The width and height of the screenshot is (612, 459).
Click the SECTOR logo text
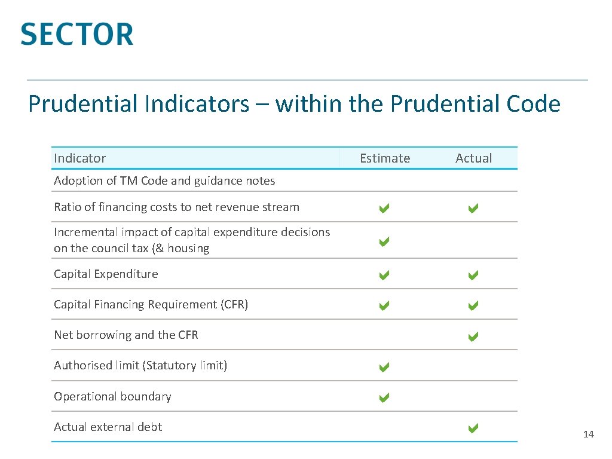[x=76, y=34]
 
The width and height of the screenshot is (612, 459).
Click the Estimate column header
[x=385, y=158]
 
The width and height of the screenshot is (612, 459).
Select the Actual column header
[x=473, y=158]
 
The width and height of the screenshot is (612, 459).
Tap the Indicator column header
[x=79, y=158]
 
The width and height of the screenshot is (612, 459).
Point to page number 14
[x=588, y=434]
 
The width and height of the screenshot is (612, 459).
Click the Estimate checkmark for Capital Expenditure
[x=384, y=276]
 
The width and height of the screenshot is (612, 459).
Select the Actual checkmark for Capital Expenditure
[x=473, y=276]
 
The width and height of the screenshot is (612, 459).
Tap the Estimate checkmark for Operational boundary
[x=384, y=397]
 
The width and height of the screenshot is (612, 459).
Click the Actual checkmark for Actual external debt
[x=473, y=427]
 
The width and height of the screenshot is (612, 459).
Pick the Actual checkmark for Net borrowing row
[x=473, y=336]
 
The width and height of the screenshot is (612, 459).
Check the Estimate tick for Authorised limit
[x=384, y=367]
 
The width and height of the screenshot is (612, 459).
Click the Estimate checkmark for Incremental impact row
[x=384, y=242]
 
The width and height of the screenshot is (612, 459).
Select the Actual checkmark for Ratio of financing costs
[x=473, y=209]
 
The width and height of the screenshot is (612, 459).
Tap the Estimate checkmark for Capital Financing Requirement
[x=384, y=306]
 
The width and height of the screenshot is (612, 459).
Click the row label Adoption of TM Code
[x=164, y=180]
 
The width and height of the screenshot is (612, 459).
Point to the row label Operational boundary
[x=112, y=396]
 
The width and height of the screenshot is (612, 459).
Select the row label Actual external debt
[x=108, y=427]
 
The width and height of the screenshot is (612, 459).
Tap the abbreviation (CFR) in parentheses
[x=234, y=304]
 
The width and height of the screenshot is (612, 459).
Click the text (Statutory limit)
[x=185, y=365]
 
